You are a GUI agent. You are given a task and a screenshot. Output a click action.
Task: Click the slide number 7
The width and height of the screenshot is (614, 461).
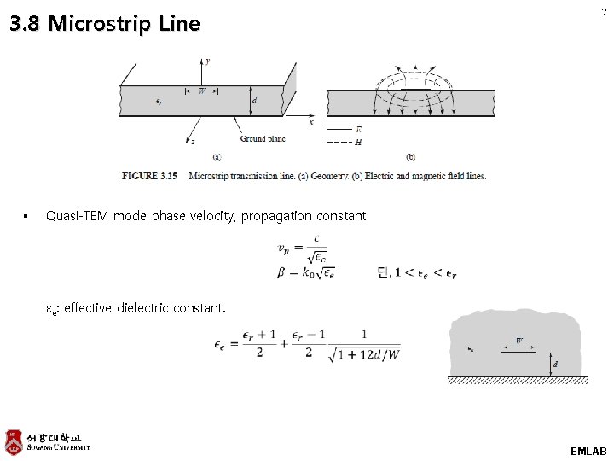[604, 12]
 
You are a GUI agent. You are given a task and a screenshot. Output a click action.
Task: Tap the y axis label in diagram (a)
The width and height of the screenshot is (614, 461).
[207, 62]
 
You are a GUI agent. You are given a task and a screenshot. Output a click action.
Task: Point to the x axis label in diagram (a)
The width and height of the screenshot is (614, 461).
[310, 122]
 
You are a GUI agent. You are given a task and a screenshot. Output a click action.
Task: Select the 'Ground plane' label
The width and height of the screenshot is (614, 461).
[262, 138]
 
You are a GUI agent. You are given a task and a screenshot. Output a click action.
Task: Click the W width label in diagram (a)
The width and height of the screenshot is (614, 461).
[202, 90]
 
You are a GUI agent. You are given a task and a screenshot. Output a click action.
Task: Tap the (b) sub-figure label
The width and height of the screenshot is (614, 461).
[411, 157]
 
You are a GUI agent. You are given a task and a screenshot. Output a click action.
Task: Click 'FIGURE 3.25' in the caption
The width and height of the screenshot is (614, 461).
[149, 176]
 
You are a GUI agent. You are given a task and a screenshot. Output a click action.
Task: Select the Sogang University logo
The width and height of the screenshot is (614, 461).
[47, 441]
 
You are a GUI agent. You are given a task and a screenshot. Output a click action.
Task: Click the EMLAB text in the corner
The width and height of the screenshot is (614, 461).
[588, 450]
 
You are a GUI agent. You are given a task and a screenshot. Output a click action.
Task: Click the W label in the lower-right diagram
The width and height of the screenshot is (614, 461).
[519, 341]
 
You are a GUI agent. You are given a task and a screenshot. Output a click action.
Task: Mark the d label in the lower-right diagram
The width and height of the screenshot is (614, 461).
[557, 365]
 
